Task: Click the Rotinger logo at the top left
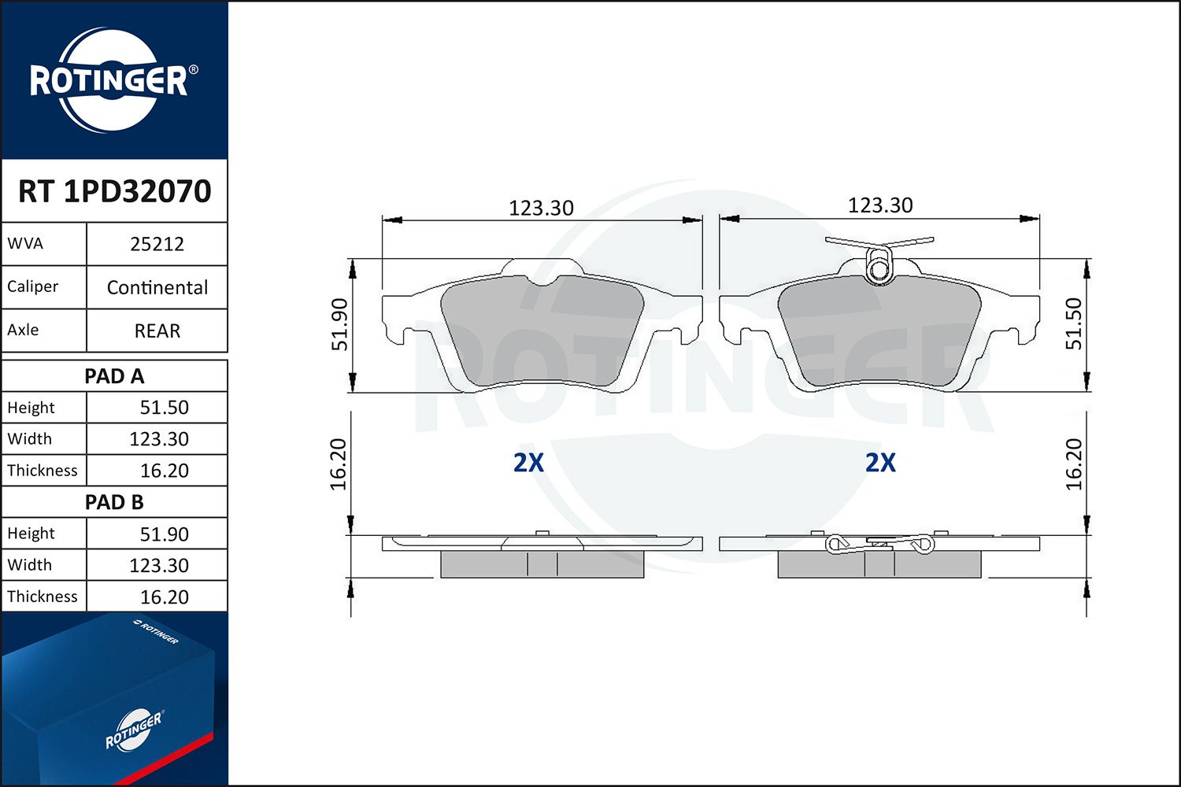point(109,80)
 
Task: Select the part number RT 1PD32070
point(115,191)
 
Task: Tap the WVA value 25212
point(157,244)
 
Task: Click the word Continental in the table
point(157,287)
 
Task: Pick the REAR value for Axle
point(157,331)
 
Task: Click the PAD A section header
point(115,376)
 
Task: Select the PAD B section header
point(115,502)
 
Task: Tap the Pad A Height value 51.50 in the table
point(164,408)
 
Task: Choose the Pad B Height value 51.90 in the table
point(164,534)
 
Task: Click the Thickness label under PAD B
point(43,597)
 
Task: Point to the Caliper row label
point(33,286)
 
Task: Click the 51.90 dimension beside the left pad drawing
point(339,324)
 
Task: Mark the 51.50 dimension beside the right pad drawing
point(1074,323)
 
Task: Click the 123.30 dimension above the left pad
point(541,209)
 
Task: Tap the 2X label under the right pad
point(880,463)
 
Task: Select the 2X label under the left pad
point(528,463)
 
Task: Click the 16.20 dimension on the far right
point(1074,464)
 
